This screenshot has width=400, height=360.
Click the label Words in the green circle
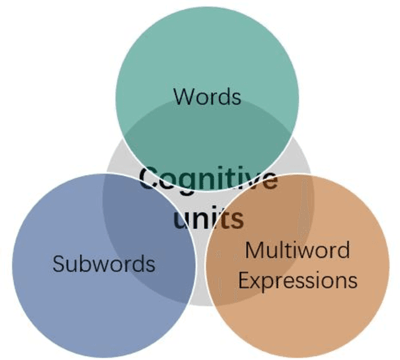[x=207, y=97]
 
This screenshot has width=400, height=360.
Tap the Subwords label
[x=104, y=263]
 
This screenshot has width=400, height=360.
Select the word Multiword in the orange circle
[x=297, y=249]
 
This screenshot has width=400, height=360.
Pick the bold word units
[x=208, y=218]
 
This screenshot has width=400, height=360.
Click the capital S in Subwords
[x=58, y=263]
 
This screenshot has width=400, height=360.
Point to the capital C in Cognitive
[x=149, y=179]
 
